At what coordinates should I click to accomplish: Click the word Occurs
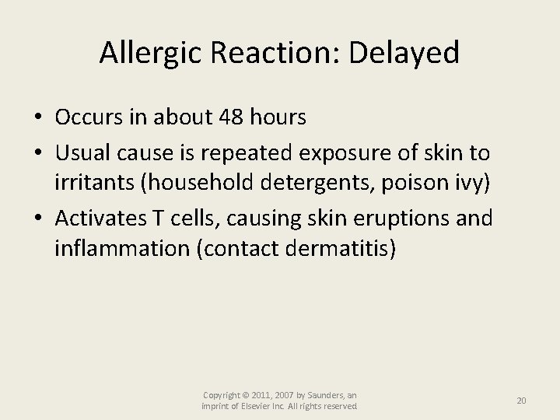(87, 117)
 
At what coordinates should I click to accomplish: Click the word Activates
(100, 218)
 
